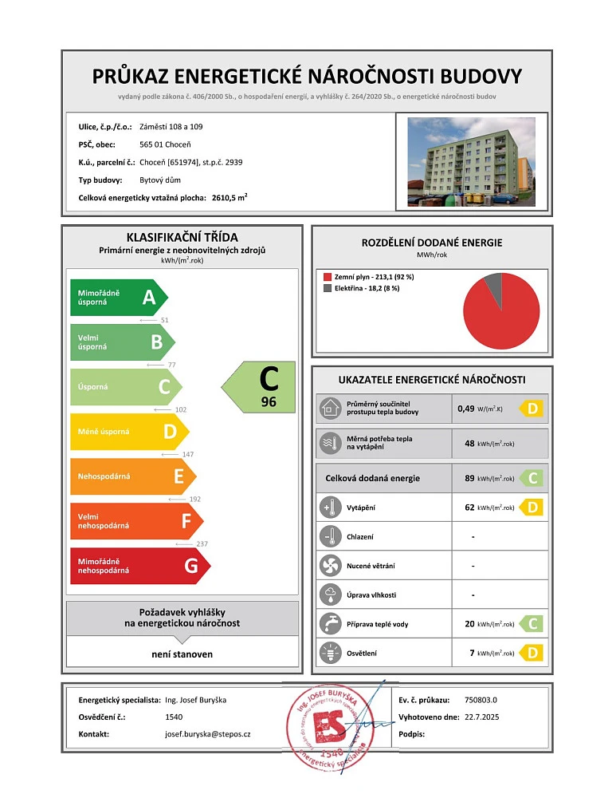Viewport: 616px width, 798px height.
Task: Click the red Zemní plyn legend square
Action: tap(327, 277)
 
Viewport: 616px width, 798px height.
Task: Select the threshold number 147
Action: tap(189, 454)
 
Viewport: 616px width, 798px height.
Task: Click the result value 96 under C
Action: tap(269, 403)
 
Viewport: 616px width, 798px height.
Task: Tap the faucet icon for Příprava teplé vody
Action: tap(328, 623)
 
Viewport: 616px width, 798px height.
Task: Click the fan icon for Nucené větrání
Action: tap(328, 566)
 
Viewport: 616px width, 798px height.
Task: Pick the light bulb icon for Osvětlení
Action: tap(328, 653)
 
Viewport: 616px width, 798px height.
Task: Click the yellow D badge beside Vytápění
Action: tap(532, 507)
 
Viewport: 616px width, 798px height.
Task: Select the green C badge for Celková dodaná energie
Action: tap(532, 478)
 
